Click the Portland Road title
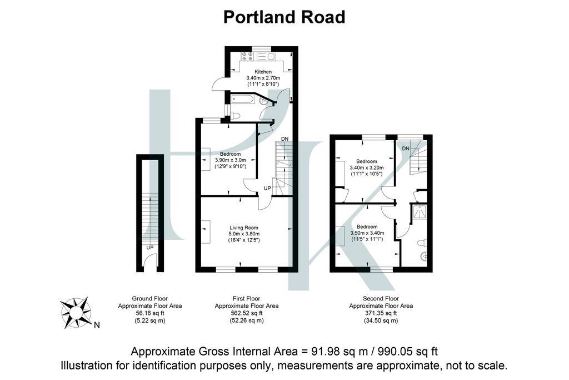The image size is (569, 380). point(284,17)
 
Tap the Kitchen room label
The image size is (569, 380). point(263,72)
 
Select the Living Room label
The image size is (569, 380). point(244,228)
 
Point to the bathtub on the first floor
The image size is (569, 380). point(243,100)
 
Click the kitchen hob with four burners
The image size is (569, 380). point(247,56)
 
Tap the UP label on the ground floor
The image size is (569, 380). point(149,248)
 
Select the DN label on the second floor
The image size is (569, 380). point(405,149)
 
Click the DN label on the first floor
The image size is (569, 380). point(284,139)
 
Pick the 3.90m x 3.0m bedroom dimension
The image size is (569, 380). point(230,160)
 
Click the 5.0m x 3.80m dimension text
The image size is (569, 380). point(244,234)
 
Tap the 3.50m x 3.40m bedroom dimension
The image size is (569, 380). point(367,233)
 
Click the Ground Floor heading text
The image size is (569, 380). point(149,299)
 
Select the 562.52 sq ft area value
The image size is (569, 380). point(247,313)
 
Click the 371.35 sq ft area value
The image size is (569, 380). point(381,313)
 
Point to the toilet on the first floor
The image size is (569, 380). point(235,116)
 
